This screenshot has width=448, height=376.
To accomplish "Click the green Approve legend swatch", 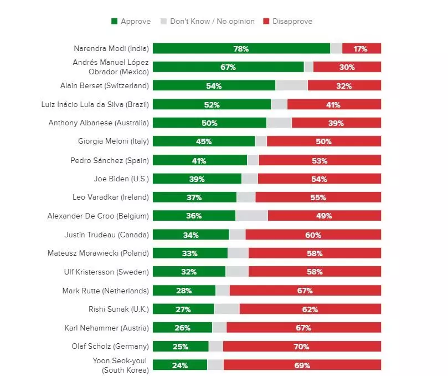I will [114, 22].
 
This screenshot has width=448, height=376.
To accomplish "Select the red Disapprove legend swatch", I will [266, 22].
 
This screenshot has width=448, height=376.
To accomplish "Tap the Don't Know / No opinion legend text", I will [212, 22].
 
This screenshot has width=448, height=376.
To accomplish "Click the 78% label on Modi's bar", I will [241, 49].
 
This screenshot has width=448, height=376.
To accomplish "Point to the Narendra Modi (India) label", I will [111, 48].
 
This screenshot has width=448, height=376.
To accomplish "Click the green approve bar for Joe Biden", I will [197, 179].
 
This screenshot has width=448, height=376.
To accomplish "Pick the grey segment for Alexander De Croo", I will [251, 216].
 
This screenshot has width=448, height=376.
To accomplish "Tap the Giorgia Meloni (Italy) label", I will [114, 141].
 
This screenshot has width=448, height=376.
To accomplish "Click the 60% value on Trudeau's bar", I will [313, 235].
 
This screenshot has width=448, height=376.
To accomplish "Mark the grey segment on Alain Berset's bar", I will [291, 86].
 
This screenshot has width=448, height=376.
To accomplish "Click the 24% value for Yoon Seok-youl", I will [179, 365].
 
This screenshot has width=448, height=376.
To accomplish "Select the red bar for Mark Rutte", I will [305, 291].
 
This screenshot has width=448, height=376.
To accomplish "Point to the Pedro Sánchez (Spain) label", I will [110, 160].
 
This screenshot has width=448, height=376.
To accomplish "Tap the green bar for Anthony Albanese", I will [209, 123].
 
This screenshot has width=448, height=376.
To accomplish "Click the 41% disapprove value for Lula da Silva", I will [333, 105].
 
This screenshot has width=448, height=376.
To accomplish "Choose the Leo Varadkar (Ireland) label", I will [111, 197].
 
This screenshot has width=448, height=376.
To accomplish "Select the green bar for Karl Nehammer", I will [182, 328].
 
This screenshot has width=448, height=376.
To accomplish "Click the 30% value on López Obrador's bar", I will [347, 67].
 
